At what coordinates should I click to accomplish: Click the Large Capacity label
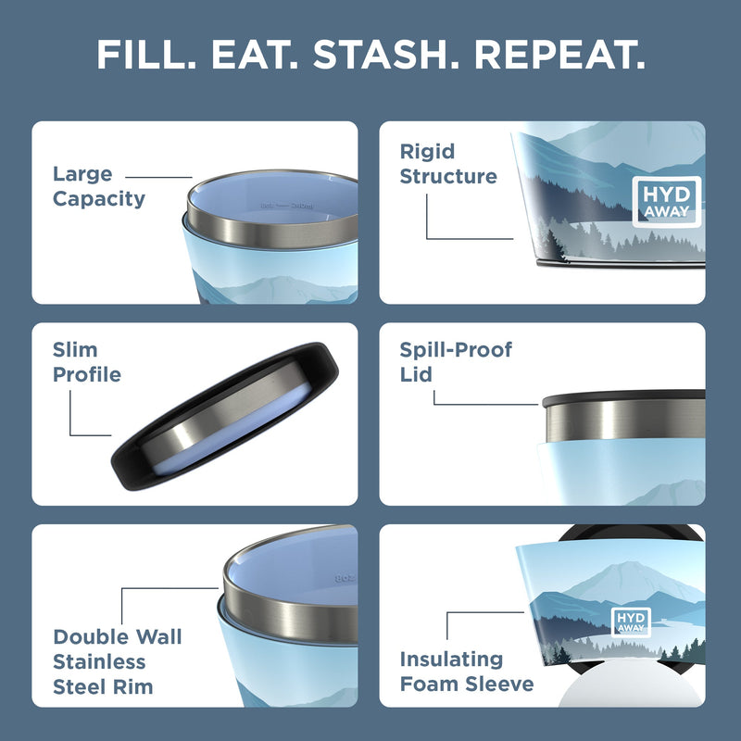(98, 186)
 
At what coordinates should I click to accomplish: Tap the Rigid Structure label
(448, 164)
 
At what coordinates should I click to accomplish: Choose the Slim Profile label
(86, 362)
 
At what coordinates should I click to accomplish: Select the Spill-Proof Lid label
(455, 361)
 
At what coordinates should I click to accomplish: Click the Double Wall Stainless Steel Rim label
(118, 661)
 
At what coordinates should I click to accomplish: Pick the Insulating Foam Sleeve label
(466, 672)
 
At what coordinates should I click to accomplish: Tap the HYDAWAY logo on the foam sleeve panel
(632, 621)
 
